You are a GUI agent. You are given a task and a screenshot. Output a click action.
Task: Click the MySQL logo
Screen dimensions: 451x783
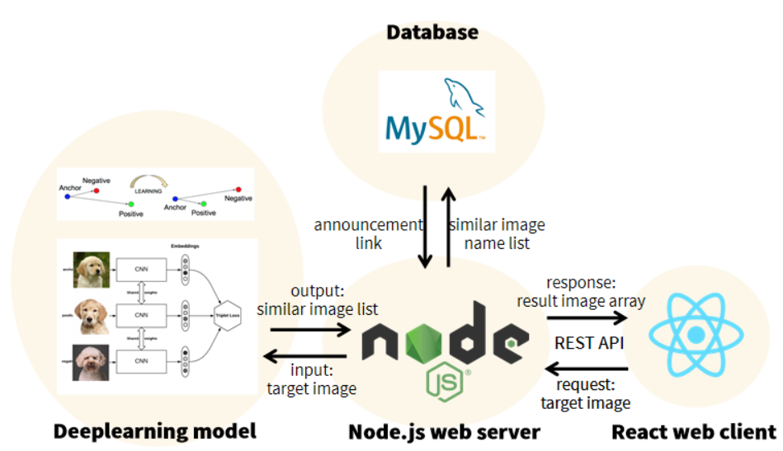[436, 111]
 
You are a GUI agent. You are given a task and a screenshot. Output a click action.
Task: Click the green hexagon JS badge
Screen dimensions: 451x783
[442, 382]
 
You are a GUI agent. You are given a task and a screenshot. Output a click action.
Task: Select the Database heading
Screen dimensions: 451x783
[432, 33]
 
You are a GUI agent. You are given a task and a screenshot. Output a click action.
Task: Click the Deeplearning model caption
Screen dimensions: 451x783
[154, 431]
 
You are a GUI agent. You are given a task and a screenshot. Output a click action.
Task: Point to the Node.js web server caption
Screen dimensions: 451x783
[444, 431]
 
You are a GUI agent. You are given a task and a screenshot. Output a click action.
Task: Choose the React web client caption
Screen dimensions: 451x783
[693, 431]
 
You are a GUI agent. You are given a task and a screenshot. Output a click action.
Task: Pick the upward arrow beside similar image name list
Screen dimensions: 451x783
[448, 227]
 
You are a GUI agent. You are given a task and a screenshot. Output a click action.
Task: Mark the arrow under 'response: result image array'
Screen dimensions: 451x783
[586, 316]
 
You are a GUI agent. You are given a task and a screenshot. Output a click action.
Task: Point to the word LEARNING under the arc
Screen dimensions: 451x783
[149, 190]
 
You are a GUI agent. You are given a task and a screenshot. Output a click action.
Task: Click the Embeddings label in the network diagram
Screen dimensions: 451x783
[186, 246]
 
